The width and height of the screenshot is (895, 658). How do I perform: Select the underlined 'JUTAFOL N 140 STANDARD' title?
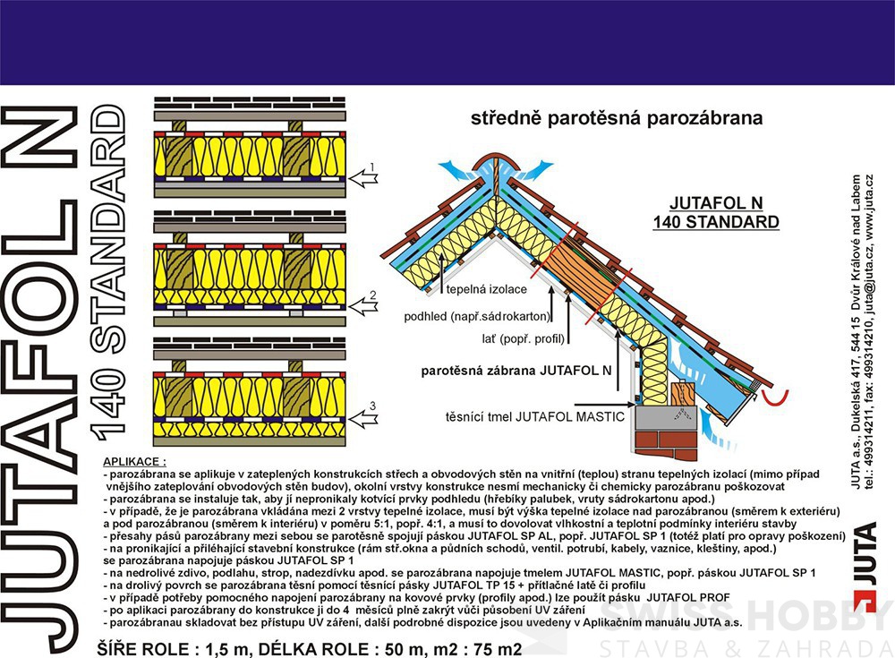(x=724, y=211)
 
